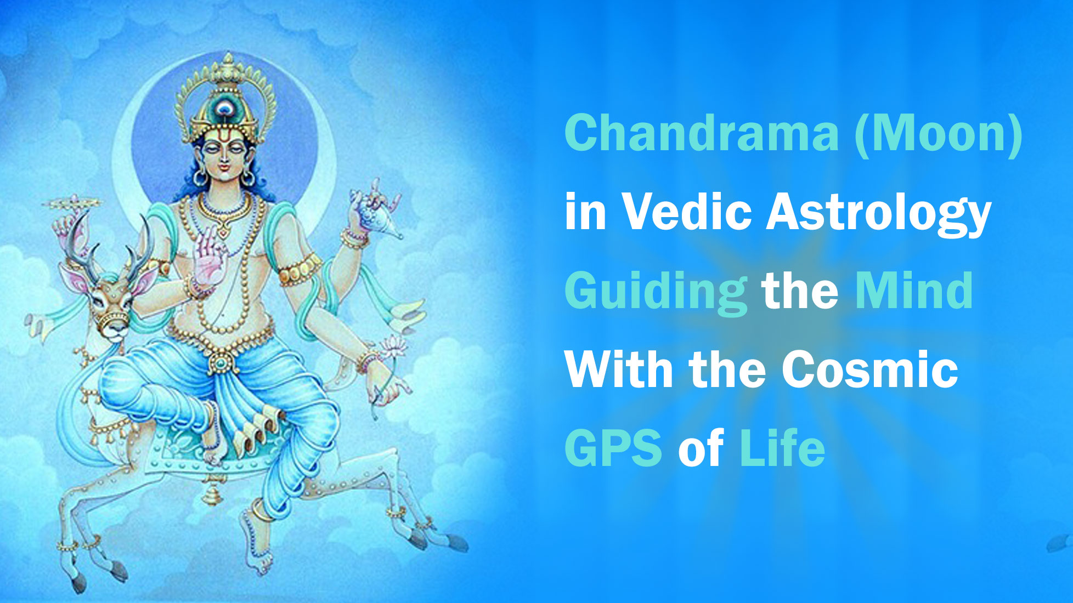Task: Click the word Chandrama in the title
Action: click(x=702, y=133)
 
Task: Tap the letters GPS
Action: click(x=613, y=448)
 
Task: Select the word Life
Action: click(x=782, y=448)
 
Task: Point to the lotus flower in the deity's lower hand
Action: click(x=393, y=346)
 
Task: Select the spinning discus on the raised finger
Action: click(x=71, y=203)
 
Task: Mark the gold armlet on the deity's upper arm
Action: click(x=298, y=269)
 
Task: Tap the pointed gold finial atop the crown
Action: click(x=227, y=59)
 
